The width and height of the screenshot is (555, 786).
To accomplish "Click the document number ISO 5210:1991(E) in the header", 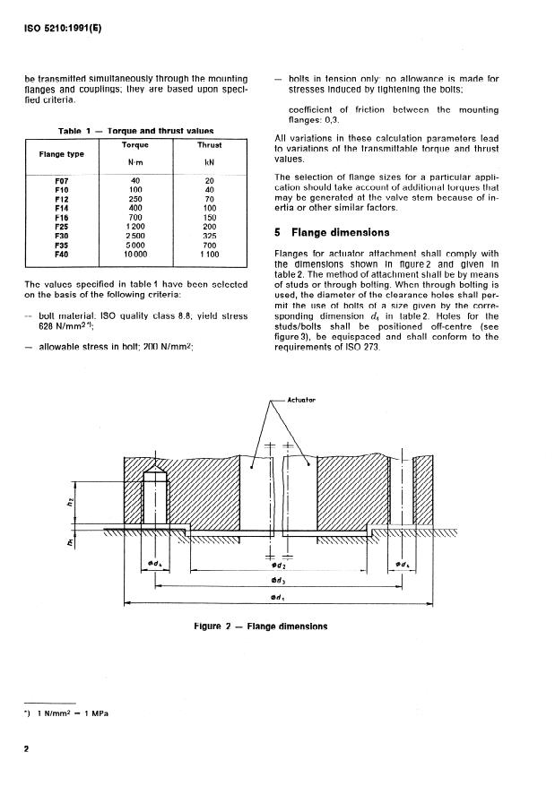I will pyautogui.click(x=64, y=27).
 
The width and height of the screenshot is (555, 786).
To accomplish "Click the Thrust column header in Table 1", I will pyautogui.click(x=209, y=144).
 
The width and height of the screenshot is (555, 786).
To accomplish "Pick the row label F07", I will pyautogui.click(x=62, y=181).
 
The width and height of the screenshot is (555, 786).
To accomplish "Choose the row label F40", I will pyautogui.click(x=62, y=254).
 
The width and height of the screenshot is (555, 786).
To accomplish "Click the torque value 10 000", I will pyautogui.click(x=134, y=254).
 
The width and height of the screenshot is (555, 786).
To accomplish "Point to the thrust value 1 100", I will pyautogui.click(x=209, y=254).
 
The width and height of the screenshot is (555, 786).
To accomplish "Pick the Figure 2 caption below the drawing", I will pyautogui.click(x=261, y=626).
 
